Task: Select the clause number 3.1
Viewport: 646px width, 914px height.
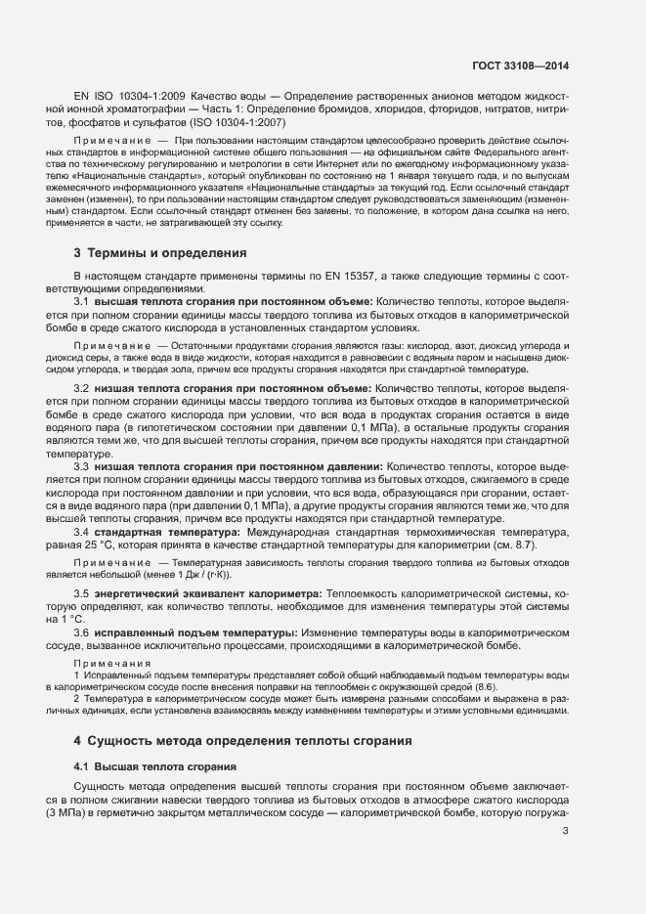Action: click(x=82, y=303)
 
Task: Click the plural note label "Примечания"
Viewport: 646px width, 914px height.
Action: click(x=112, y=664)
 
